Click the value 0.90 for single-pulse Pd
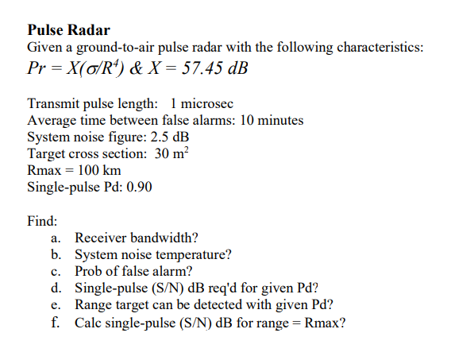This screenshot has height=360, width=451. point(138,188)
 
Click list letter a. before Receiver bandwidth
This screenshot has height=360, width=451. point(56,238)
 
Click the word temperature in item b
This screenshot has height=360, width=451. point(190,255)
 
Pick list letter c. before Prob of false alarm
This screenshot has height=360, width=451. point(56,272)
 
